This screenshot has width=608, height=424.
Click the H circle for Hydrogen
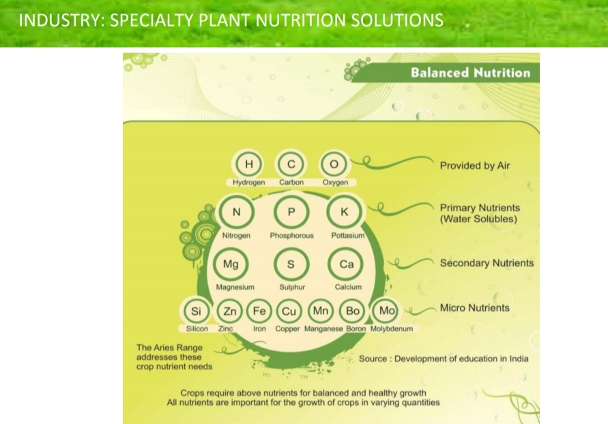[x=249, y=164]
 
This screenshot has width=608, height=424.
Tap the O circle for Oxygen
[x=334, y=164]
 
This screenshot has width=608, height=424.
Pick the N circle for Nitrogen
[x=236, y=212]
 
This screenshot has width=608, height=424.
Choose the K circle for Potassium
[x=345, y=212]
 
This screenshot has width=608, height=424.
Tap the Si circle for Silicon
[x=197, y=311]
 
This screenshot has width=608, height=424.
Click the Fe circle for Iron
[x=259, y=311]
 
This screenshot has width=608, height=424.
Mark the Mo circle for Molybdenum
[x=387, y=311]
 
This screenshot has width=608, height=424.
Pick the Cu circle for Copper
[x=289, y=311]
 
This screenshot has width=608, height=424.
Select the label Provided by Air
[x=474, y=166]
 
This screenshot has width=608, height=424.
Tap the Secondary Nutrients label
[x=487, y=263]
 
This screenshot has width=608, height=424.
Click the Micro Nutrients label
[x=474, y=308]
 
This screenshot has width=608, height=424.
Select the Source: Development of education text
[x=444, y=359]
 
